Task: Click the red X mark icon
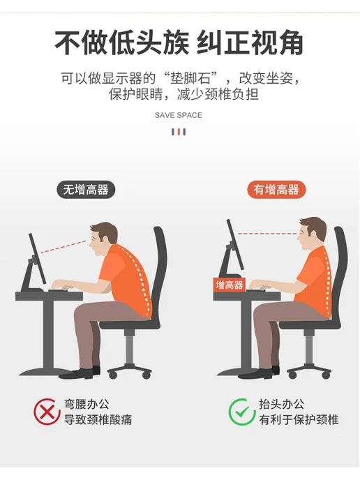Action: click(x=47, y=412)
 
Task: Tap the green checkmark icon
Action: click(x=242, y=412)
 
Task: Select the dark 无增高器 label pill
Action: click(x=86, y=190)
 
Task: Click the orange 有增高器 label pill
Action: click(x=276, y=190)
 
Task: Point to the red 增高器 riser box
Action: click(x=230, y=285)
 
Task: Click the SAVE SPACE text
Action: click(x=179, y=115)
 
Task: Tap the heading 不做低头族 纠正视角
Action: click(x=179, y=43)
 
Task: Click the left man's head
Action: click(x=103, y=238)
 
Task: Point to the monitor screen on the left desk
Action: click(x=37, y=259)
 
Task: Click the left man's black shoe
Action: click(x=76, y=373)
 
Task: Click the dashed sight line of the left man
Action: click(x=63, y=247)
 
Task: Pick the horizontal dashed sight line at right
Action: click(x=267, y=234)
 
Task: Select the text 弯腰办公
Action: click(x=87, y=404)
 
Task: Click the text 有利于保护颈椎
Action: click(x=299, y=420)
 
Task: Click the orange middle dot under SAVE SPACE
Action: click(x=179, y=132)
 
